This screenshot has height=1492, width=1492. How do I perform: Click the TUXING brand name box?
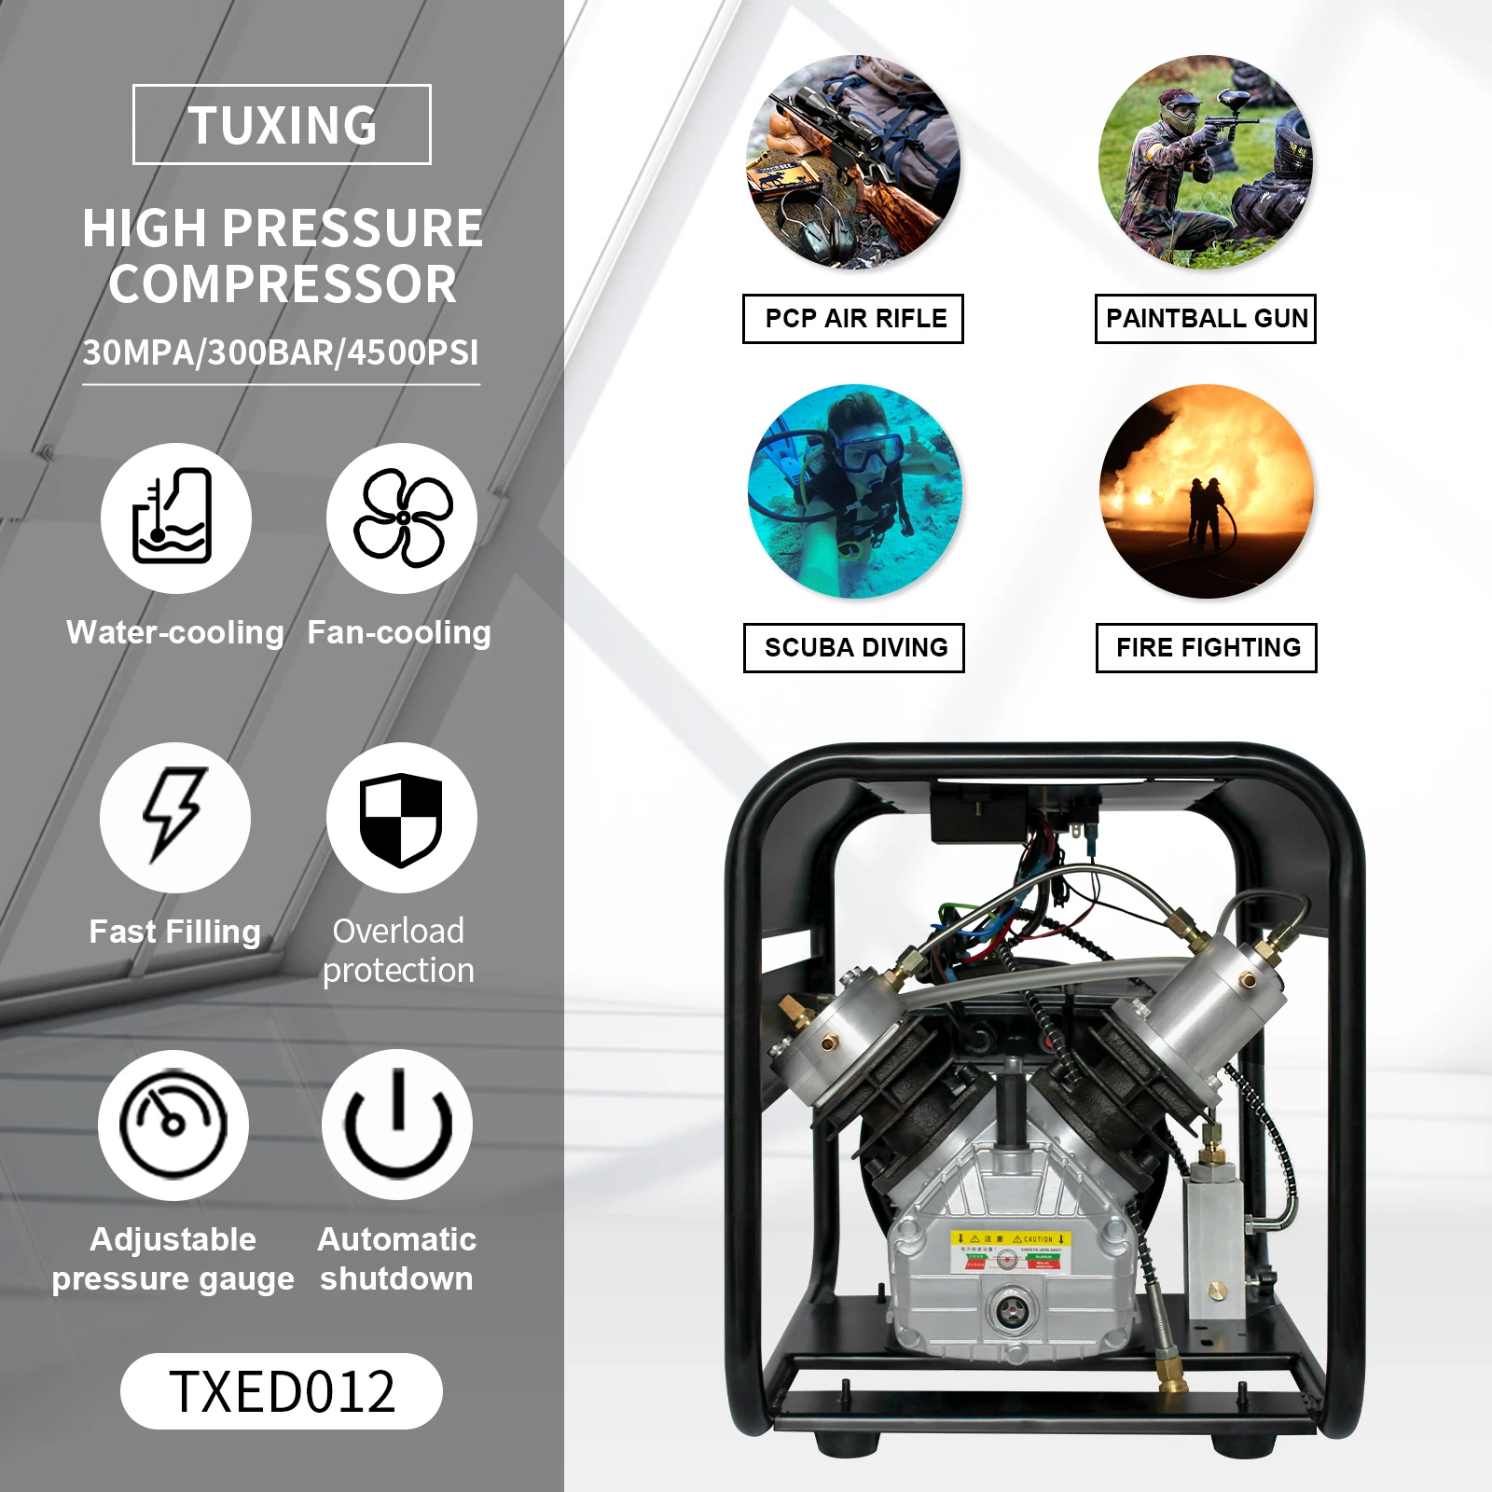282,125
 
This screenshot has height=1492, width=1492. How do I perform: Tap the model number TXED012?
282,1391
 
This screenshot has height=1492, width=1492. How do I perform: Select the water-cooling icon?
175,518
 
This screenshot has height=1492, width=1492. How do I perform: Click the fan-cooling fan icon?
402,518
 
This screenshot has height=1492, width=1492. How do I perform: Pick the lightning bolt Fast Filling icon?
175,817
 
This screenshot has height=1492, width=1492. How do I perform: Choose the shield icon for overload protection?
402,818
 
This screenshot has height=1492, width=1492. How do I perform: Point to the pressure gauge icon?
173,1125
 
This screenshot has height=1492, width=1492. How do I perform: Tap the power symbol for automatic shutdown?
398,1125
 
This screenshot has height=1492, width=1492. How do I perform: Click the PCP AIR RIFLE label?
853,319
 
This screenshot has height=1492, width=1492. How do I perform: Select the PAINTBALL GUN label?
1206,319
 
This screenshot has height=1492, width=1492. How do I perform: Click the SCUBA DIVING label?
854,648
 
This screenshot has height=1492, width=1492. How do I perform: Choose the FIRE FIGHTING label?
1207,648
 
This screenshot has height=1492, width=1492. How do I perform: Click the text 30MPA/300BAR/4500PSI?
281,353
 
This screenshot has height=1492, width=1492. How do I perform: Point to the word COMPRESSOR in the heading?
283,284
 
